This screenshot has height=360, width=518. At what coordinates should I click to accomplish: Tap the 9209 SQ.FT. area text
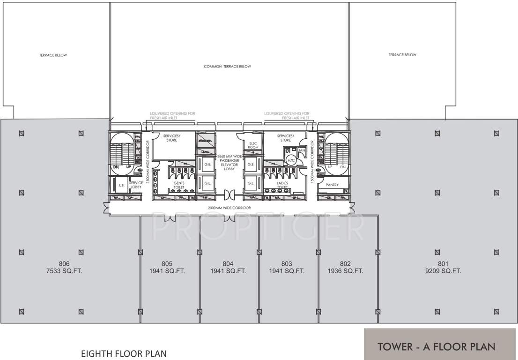(x=444, y=271)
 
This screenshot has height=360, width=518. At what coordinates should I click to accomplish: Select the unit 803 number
(x=287, y=263)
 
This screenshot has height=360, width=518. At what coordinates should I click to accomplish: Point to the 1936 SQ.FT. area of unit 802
(x=346, y=271)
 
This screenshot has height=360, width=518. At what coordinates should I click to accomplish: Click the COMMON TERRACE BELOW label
(x=227, y=67)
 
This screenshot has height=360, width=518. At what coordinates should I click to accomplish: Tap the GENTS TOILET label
(x=179, y=185)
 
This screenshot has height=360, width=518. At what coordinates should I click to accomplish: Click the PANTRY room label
(x=332, y=185)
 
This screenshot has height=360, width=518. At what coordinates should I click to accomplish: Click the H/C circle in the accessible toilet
(x=291, y=160)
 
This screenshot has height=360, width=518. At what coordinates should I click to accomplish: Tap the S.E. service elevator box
(x=121, y=186)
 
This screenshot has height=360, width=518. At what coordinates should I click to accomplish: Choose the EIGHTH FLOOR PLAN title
(x=124, y=353)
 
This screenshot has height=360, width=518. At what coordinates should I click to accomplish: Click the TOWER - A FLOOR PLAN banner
(x=437, y=347)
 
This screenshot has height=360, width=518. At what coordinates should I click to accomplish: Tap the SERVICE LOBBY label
(x=136, y=185)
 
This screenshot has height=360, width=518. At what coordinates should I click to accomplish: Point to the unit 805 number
(x=168, y=263)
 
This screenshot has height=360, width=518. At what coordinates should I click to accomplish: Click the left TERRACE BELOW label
(x=53, y=55)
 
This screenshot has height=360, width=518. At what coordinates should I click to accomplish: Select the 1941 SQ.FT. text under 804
(x=228, y=271)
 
